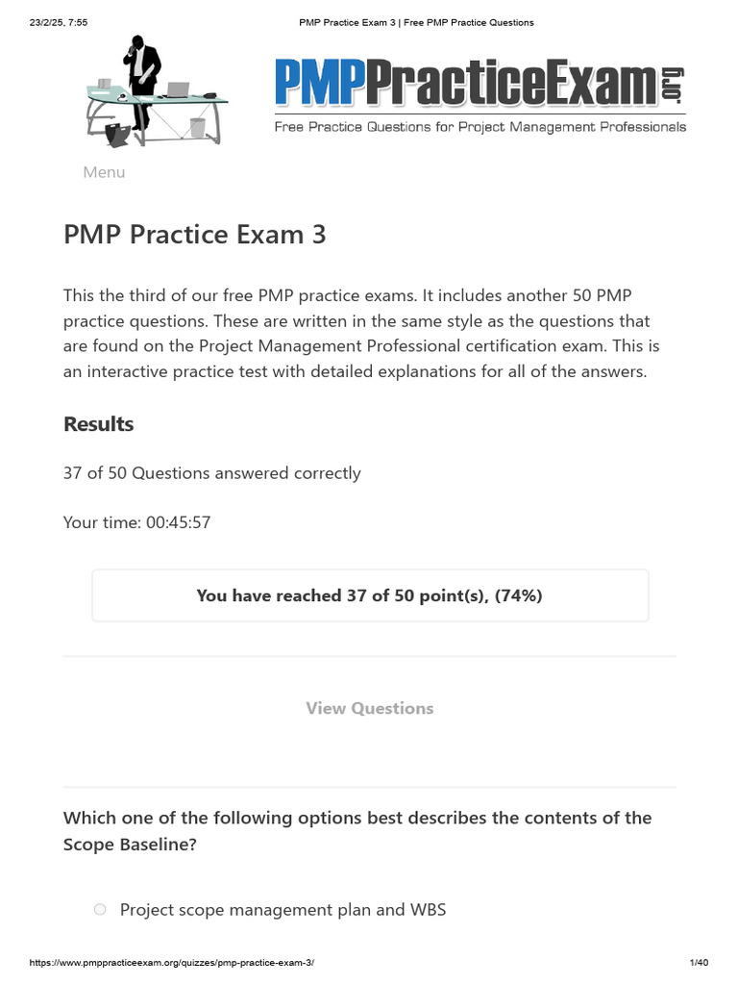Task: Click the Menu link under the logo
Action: tap(104, 172)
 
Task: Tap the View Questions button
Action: tap(369, 708)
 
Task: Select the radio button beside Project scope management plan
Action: tap(100, 909)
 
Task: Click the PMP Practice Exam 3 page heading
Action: tap(194, 234)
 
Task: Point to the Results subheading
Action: tap(98, 424)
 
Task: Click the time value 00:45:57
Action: tap(178, 522)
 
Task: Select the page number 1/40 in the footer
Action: tap(699, 963)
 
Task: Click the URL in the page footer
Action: tap(172, 963)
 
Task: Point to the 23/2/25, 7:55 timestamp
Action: tap(59, 22)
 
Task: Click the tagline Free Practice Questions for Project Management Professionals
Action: tap(480, 127)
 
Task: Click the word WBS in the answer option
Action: tap(428, 909)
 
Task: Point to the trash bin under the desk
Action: tap(198, 128)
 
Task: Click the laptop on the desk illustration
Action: tap(177, 89)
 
